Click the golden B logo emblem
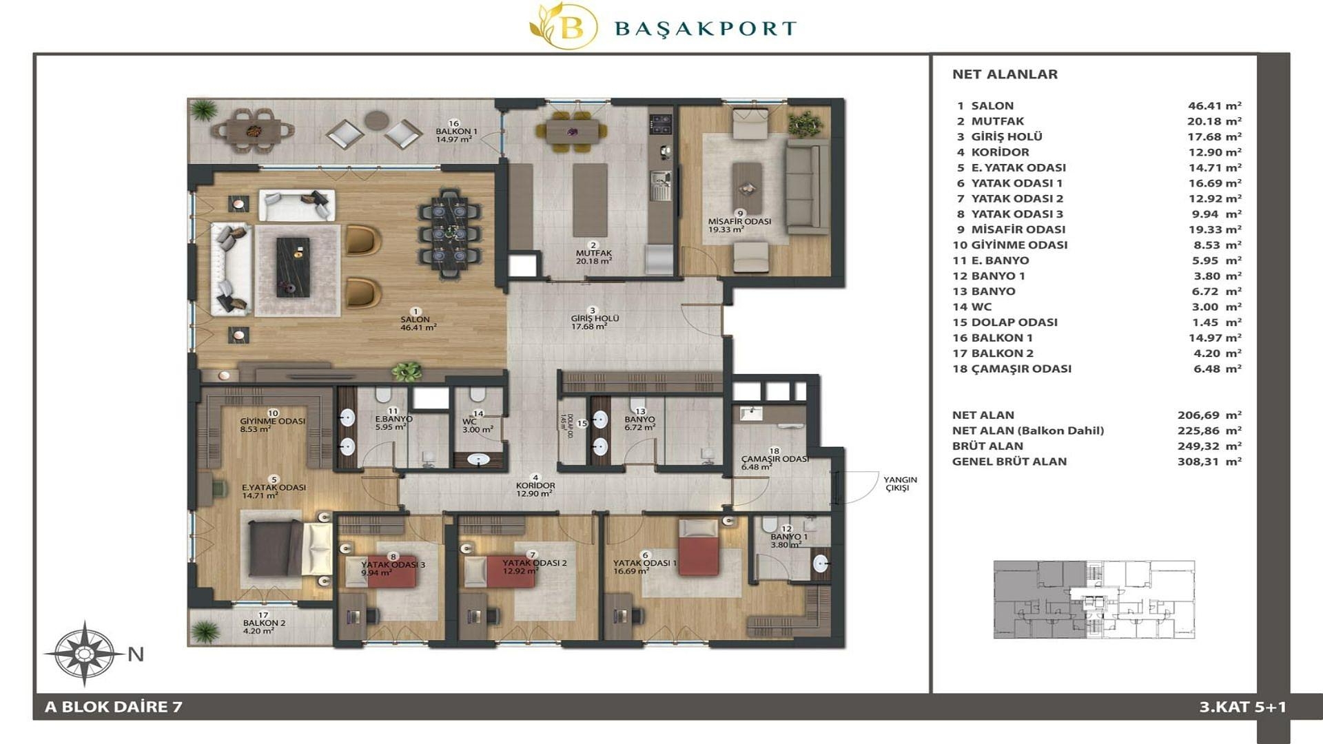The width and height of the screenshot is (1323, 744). pos(564,26)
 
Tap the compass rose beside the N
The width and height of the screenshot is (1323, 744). pos(84,653)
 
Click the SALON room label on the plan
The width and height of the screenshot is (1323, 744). pos(415,320)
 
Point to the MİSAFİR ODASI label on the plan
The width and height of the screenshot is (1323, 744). pos(739,222)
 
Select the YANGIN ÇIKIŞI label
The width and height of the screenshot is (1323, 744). pos(900,484)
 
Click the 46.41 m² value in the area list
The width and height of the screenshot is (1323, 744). pos(1214,106)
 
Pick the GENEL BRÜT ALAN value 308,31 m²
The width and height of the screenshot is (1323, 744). pos(1209,462)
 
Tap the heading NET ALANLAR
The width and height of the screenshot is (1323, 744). pos(1005,74)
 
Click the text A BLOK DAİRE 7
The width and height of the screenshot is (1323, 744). pos(114,707)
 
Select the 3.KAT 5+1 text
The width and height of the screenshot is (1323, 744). pos(1242,707)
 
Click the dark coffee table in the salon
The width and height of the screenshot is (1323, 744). pos(293,267)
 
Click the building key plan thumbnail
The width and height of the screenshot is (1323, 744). pos(1094,599)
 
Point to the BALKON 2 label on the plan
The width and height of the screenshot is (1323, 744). pos(264,623)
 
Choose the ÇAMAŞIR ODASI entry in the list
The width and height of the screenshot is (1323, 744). pos(1012,369)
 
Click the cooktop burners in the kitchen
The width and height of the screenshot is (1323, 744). pos(662,124)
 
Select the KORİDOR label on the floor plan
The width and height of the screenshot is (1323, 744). pos(535,486)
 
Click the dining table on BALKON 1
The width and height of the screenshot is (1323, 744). pos(253,129)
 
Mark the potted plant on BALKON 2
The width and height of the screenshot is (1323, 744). pos(205,630)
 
